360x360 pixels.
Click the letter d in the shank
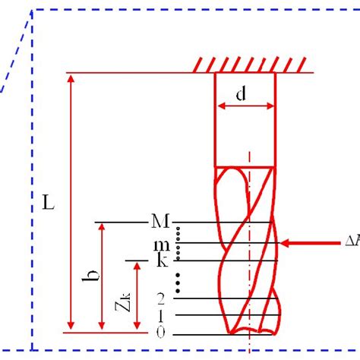[x=241, y=94]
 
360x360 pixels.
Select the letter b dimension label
[x=88, y=286]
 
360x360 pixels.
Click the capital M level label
[x=159, y=221]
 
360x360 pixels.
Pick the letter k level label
[x=161, y=261]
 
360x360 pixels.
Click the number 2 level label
[x=160, y=298]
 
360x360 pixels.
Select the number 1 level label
[x=160, y=315]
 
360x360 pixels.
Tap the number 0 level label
[x=160, y=332]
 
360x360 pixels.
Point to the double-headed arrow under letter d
[x=245, y=106]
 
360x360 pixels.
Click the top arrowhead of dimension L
[x=71, y=78]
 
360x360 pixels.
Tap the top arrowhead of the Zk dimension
[x=137, y=266]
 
